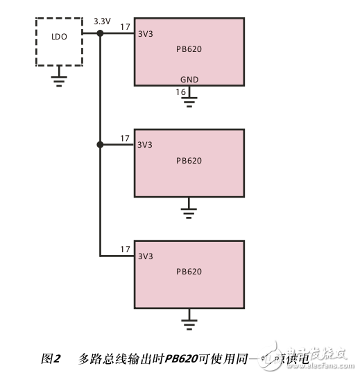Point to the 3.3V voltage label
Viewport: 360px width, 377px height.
click(101, 22)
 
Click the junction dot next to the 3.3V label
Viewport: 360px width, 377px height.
click(101, 33)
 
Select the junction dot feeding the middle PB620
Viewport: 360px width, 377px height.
click(101, 145)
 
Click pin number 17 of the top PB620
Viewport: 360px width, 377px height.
click(125, 27)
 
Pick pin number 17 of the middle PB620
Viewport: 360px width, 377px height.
click(125, 139)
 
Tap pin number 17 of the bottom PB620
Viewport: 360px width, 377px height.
click(125, 250)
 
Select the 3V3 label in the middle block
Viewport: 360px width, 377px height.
click(145, 146)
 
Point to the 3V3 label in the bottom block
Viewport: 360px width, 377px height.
click(145, 257)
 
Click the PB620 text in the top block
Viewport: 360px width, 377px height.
click(189, 49)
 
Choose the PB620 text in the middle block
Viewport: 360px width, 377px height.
click(189, 161)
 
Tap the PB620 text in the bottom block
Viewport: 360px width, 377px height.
click(189, 272)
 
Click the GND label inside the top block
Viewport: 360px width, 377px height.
click(189, 80)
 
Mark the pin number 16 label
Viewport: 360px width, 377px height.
click(180, 92)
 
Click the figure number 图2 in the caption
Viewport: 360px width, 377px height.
click(51, 359)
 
